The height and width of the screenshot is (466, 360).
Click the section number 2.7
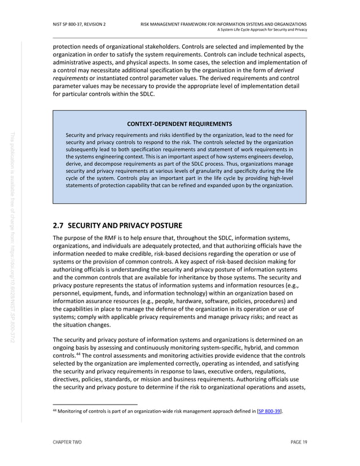click(x=59, y=227)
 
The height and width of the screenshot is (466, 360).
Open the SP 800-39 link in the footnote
click(x=269, y=412)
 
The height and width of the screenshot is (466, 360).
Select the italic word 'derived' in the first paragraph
click(x=286, y=70)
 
